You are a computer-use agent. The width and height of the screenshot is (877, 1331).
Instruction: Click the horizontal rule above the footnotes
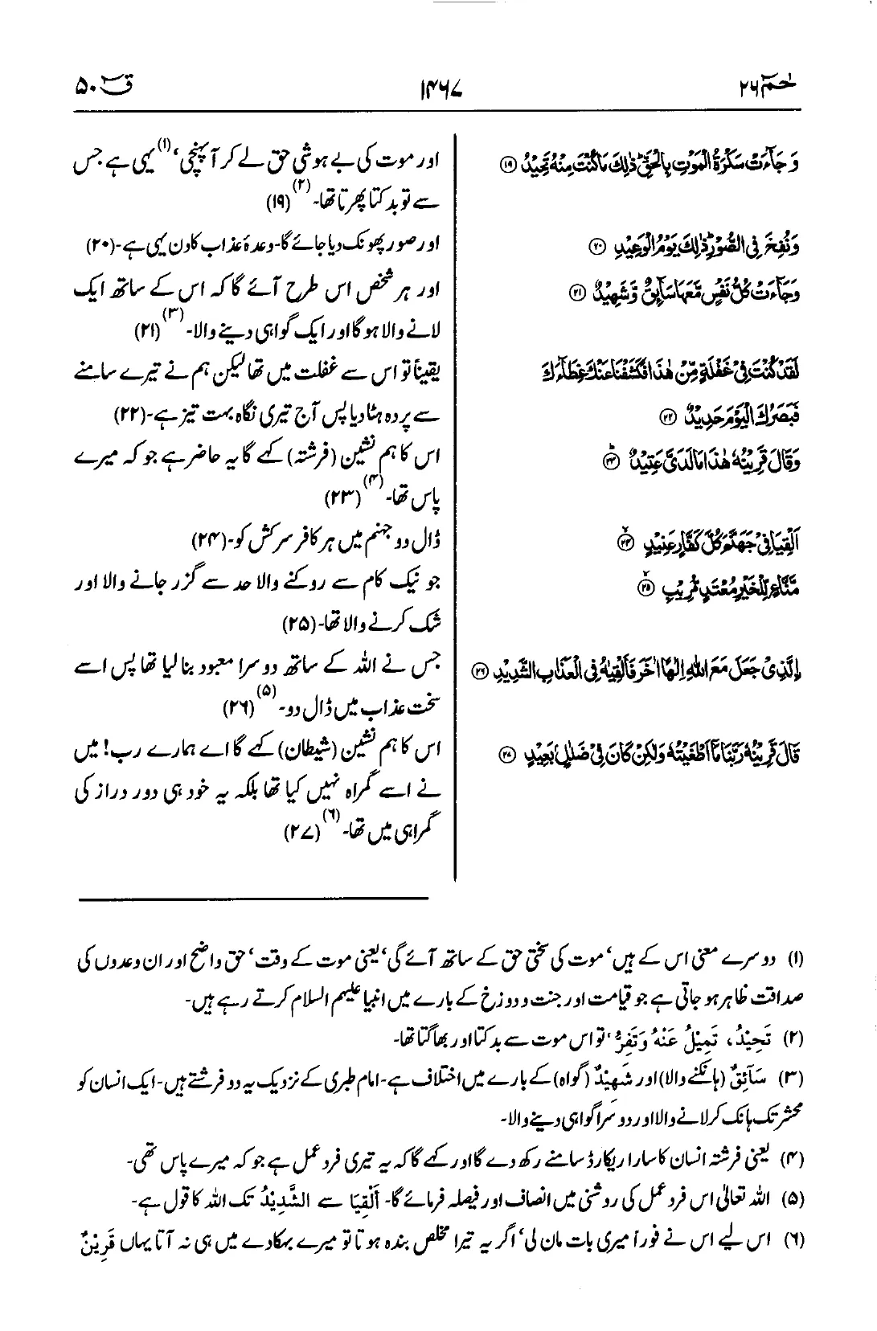(254, 898)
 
